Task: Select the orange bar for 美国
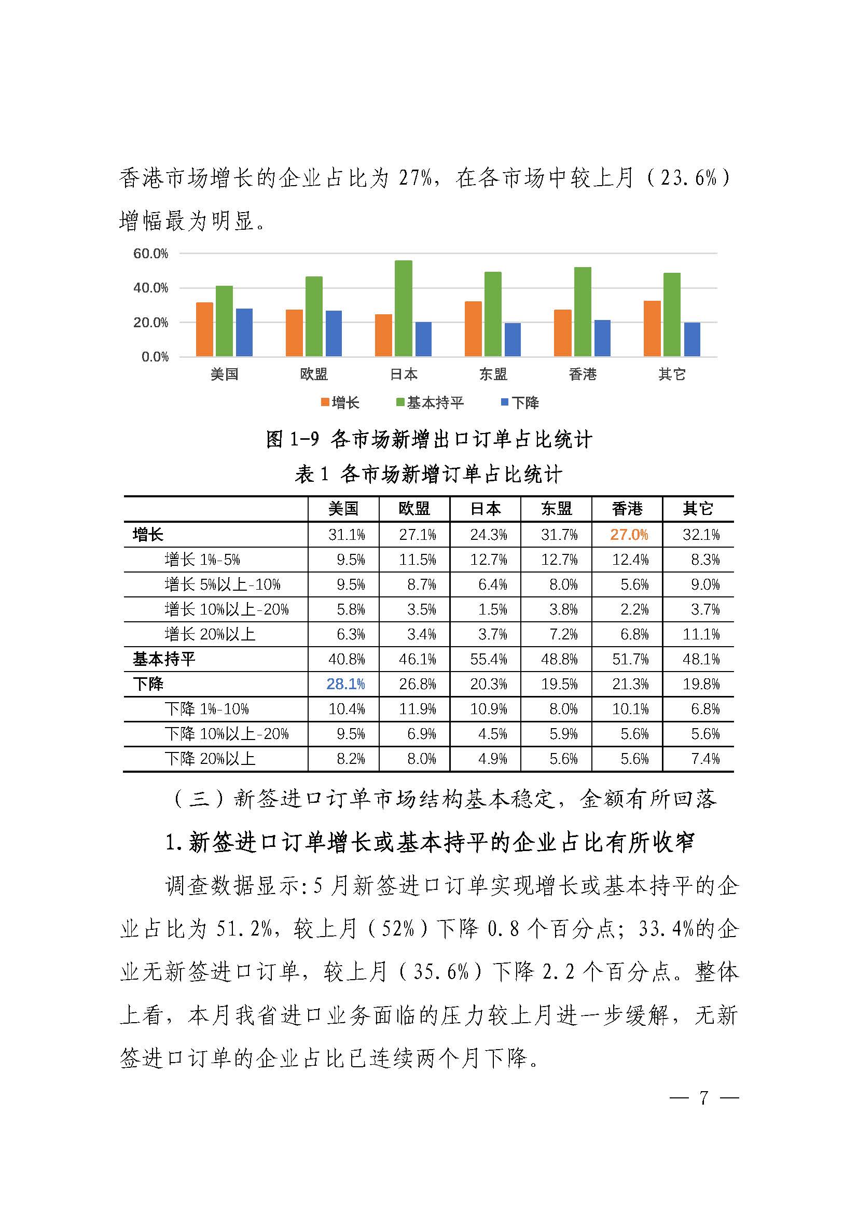pos(204,329)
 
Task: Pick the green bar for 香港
pos(582,311)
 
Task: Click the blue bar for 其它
pos(691,339)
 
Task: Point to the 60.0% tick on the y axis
pos(150,254)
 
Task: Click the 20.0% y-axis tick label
pos(150,322)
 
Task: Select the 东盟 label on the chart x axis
pos(493,374)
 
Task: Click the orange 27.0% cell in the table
pos(629,535)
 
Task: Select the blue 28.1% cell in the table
pos(345,684)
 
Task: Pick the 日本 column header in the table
pos(486,509)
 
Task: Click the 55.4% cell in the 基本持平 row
pos(488,659)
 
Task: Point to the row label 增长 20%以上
pos(210,634)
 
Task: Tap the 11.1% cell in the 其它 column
pos(701,634)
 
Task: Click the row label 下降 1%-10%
pos(206,709)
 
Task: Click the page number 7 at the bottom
pos(703,1098)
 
